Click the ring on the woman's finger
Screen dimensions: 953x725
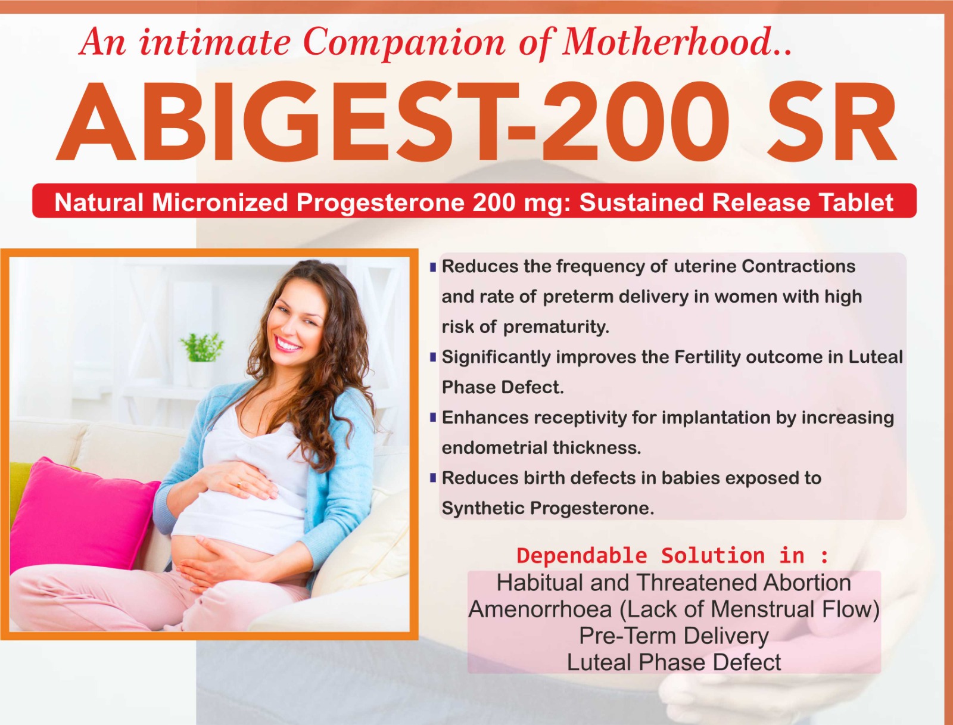point(239,484)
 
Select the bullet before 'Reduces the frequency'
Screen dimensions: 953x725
point(433,266)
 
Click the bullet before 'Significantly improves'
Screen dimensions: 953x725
point(433,357)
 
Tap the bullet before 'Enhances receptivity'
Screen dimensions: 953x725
point(433,417)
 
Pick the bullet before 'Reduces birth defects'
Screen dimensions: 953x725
point(433,478)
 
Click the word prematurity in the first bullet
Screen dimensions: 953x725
point(556,327)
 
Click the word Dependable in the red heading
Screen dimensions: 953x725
point(584,556)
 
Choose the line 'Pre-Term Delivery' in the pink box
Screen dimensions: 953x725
point(674,636)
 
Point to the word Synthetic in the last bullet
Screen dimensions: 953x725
point(481,508)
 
